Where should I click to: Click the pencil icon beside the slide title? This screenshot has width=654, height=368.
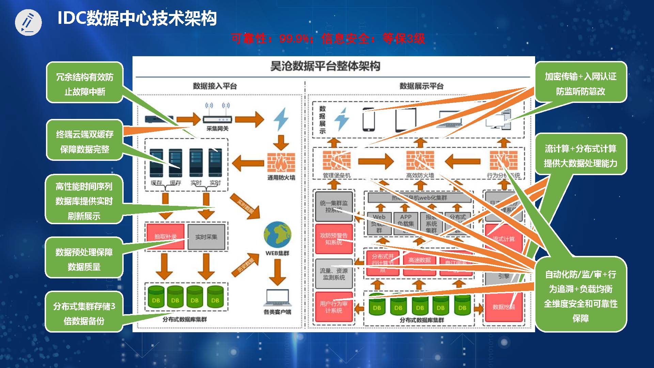[x=28, y=22]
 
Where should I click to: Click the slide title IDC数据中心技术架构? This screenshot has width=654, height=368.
[x=137, y=18]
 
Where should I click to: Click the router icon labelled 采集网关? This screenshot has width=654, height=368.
[x=217, y=119]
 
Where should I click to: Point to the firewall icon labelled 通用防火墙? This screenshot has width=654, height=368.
[x=281, y=162]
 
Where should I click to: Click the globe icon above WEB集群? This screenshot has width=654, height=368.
[x=277, y=235]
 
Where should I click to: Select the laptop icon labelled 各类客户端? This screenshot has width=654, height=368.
[x=277, y=298]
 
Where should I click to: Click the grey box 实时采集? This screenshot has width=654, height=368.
[x=206, y=236]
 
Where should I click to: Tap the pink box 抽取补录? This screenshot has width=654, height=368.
[x=165, y=236]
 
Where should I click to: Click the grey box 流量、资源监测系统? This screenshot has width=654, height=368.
[x=334, y=274]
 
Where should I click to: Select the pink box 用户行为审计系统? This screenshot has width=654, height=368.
[x=334, y=307]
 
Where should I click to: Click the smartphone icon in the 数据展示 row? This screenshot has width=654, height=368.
[x=368, y=120]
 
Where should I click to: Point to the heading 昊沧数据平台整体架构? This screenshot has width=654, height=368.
[x=325, y=66]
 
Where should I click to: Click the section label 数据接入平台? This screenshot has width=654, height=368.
[x=215, y=86]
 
